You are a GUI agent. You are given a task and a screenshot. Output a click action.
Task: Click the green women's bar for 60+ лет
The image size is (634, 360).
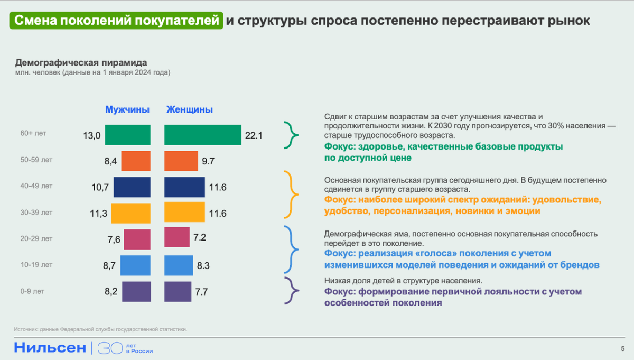(202, 135)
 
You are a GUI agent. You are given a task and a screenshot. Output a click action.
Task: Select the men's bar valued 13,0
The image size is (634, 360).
(128, 135)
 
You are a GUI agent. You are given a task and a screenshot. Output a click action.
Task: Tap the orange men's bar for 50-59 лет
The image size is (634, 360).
(136, 161)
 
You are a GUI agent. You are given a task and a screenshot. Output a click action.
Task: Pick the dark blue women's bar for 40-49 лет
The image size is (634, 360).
(184, 187)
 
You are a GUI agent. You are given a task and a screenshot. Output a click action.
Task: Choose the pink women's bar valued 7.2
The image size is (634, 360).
(177, 237)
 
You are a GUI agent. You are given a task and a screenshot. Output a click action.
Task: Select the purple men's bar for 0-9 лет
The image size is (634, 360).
(136, 291)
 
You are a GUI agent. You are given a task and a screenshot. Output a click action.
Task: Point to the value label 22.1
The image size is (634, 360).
(254, 136)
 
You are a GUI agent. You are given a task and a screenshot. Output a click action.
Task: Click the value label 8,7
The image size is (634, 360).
(110, 266)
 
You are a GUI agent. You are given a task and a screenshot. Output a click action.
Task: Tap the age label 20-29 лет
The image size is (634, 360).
(36, 239)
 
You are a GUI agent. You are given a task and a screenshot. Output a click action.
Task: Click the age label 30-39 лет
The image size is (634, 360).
(36, 213)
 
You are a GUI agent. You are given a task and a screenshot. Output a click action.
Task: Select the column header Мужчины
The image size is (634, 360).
(127, 110)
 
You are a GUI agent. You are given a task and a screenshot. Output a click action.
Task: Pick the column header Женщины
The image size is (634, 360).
(189, 110)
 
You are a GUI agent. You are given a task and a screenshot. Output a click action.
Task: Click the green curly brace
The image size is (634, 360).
(291, 135)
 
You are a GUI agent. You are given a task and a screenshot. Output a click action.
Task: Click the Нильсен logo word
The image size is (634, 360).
(50, 347)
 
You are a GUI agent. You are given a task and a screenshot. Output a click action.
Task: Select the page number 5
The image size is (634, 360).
(622, 348)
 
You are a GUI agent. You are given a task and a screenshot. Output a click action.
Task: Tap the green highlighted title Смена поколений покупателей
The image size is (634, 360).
(116, 21)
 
